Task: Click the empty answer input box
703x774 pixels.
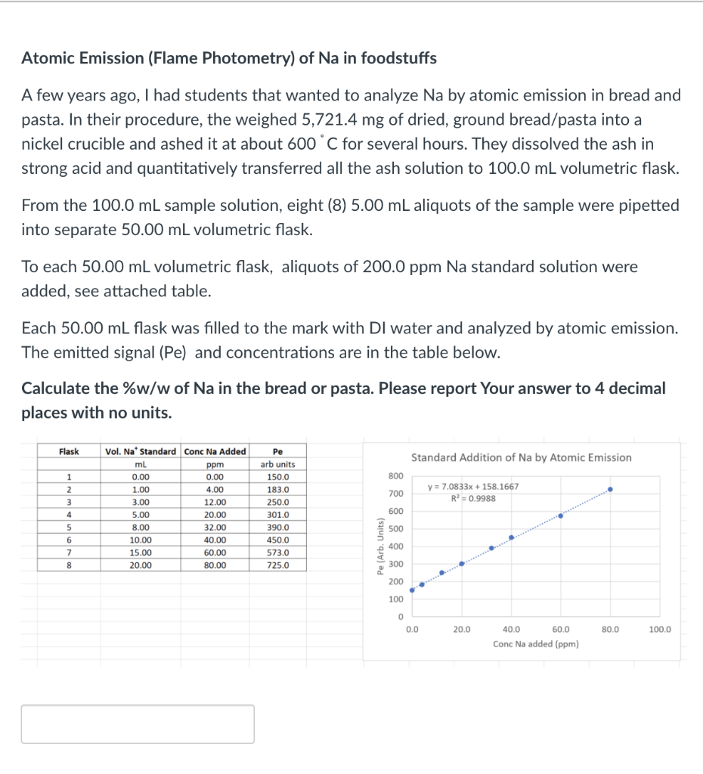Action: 138,723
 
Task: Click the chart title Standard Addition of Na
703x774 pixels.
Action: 521,457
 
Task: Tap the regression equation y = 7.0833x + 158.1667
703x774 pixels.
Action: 473,486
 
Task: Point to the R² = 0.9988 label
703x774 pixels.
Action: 473,498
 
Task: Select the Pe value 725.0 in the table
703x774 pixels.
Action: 277,565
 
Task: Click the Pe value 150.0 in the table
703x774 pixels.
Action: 277,477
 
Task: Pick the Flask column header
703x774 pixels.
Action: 69,451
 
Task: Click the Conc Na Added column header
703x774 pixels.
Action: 215,451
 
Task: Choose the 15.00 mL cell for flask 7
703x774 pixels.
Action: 141,553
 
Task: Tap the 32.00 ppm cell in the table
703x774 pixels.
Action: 215,528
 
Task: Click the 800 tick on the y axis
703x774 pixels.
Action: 396,475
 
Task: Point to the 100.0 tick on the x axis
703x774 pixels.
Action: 659,629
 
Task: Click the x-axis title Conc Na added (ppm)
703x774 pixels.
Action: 536,644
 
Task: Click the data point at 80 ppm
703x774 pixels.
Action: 610,489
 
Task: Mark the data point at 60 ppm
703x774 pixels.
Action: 561,515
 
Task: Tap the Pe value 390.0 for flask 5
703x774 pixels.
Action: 277,528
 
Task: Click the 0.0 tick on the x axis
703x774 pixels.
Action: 412,629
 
